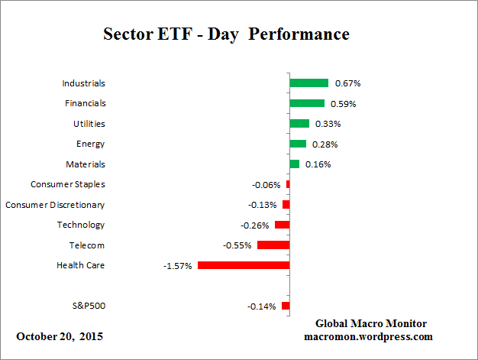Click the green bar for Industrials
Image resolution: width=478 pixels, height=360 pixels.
[308, 83]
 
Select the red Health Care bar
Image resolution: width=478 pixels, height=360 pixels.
[244, 265]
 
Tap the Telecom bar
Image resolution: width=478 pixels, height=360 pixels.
[273, 245]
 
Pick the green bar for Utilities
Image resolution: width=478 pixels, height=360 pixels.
[299, 124]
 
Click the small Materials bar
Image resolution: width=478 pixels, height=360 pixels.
[294, 164]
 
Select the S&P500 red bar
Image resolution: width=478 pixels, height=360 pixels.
[286, 306]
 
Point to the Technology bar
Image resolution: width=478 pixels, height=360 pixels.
[282, 225]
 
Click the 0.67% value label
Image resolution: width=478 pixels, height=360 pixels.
[347, 83]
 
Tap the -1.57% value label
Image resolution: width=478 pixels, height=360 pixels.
[176, 266]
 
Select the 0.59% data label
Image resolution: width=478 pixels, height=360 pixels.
[344, 104]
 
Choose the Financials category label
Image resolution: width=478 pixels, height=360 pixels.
[84, 103]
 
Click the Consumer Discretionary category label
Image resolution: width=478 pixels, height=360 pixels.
[55, 205]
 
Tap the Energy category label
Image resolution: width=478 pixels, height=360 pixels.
[91, 144]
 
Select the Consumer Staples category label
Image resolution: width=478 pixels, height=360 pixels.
[68, 184]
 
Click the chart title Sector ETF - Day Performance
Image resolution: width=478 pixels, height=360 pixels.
[226, 34]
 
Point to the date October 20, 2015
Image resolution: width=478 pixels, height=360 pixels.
[60, 336]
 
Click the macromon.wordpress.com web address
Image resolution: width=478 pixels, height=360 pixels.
[369, 336]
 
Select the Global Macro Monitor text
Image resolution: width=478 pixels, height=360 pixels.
[371, 323]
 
